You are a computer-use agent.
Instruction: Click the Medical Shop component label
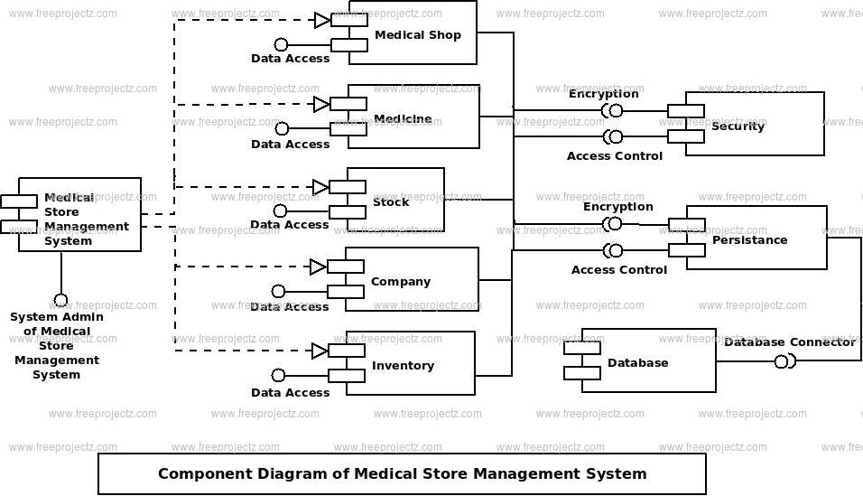418,34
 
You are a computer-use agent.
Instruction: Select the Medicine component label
403,118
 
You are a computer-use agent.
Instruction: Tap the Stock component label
391,201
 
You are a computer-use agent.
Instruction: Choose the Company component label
401,282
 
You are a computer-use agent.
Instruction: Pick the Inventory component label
403,365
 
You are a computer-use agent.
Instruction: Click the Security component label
738,126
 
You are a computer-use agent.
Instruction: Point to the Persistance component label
749,239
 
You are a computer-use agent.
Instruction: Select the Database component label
638,362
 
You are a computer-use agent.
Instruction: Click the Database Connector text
790,342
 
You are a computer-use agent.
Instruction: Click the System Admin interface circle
60,301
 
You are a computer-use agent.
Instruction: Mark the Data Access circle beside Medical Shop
282,44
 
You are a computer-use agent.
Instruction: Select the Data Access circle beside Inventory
279,375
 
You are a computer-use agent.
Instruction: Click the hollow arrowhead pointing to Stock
321,187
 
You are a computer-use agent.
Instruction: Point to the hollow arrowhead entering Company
319,267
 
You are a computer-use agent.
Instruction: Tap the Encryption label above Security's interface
603,94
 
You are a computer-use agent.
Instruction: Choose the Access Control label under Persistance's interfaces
618,269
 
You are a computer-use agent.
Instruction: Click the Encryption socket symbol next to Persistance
613,224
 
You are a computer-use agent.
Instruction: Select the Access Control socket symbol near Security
613,136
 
